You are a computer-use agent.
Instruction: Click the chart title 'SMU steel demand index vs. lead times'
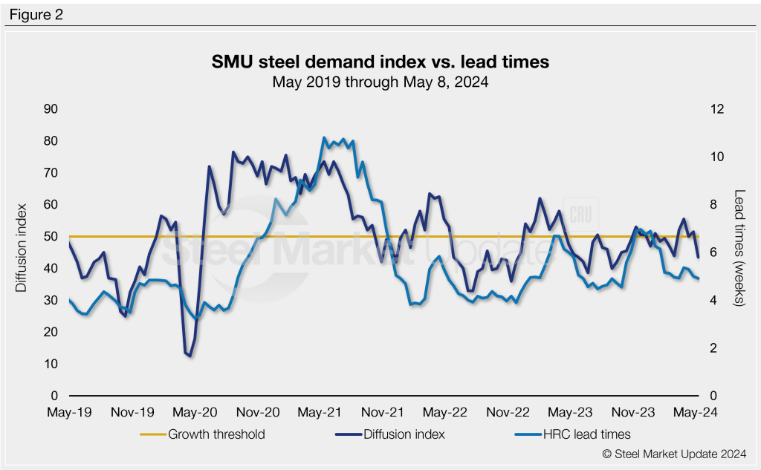click(x=380, y=62)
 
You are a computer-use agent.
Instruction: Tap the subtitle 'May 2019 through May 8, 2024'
click(x=380, y=82)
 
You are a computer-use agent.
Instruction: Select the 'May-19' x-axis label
click(x=69, y=412)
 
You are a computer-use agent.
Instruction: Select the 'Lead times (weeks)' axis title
click(x=739, y=248)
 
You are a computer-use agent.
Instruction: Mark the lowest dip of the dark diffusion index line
click(x=190, y=356)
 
